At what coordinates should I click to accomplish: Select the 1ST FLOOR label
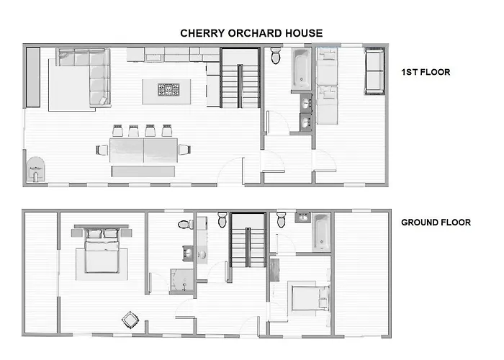[426, 73]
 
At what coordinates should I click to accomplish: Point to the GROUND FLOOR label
[436, 222]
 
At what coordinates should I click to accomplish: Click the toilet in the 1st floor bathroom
[276, 58]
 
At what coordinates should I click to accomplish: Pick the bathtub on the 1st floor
[301, 69]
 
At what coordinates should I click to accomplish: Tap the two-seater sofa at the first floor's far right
[374, 72]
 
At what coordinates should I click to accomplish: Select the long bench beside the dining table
[143, 171]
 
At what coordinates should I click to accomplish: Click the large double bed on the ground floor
[101, 249]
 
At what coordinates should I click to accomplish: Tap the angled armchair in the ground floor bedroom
[130, 318]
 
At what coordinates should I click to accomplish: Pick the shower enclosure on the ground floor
[181, 281]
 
